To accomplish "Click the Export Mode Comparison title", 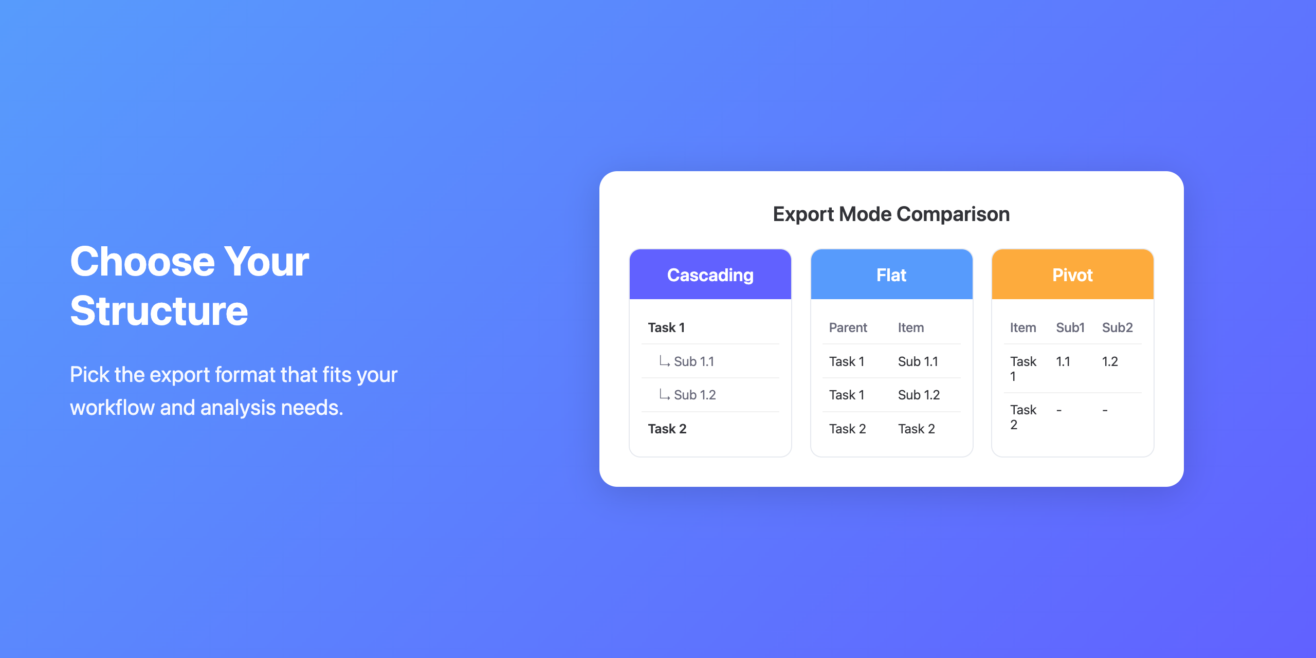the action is (891, 214).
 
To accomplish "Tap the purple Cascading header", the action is (710, 275).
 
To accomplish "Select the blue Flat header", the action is (891, 275).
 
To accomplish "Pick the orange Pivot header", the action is (1073, 275).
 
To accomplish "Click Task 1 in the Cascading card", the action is (666, 327).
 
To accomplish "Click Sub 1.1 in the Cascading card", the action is (694, 361).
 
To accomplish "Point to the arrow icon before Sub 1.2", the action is (665, 394).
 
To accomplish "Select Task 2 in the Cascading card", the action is (667, 429).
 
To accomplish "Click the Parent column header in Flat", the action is (848, 327).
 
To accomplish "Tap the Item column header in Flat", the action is (911, 327).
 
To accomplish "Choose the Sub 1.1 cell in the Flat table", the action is (918, 361).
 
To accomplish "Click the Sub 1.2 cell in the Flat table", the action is (919, 395).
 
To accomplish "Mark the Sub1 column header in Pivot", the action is (1070, 327).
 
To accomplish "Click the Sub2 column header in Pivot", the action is (1118, 327).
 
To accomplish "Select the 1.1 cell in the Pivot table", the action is (1063, 361).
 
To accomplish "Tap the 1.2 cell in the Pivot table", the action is (1110, 361).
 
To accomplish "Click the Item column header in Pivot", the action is (1023, 327).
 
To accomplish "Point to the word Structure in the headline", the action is (159, 311).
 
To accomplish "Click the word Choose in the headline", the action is (142, 262).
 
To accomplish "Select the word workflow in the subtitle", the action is (112, 408).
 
